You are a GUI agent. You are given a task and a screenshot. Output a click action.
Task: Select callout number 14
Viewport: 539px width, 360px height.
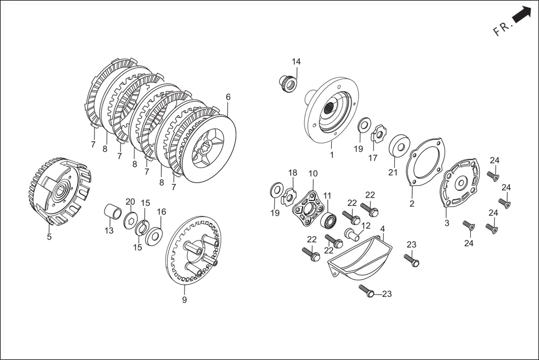click(x=296, y=61)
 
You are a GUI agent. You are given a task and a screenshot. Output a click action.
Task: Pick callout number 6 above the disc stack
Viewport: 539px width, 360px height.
click(x=228, y=97)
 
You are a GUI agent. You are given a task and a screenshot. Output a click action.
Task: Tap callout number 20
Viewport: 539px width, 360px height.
click(x=130, y=201)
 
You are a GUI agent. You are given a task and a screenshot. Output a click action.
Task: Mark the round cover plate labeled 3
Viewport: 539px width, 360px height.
click(x=460, y=184)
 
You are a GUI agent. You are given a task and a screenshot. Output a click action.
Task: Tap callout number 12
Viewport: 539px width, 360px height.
click(x=366, y=225)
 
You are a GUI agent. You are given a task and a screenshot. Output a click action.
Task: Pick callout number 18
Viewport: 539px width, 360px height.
click(x=293, y=173)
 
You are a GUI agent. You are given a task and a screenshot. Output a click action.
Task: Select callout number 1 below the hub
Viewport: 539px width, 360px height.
click(x=331, y=155)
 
